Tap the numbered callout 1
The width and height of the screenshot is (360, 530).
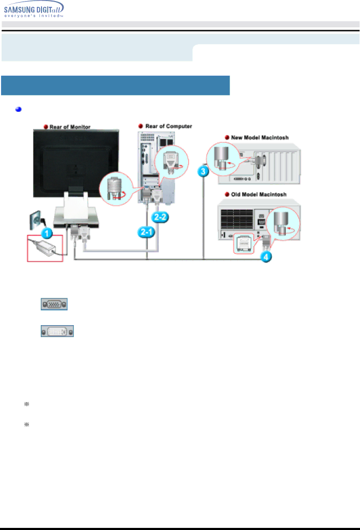pos(47,233)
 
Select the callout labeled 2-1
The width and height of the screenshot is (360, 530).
pos(146,232)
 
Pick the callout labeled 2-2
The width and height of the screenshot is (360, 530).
pos(160,217)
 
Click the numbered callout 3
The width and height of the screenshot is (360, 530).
pos(203,171)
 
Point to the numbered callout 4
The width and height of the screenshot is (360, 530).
pos(266,257)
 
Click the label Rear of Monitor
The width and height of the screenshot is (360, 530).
pos(70,127)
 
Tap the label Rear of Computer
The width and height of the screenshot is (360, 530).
pos(169,126)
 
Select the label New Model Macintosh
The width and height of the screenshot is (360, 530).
pos(260,138)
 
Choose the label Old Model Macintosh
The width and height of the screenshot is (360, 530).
pos(259,194)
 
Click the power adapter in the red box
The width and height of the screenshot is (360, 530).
pos(45,248)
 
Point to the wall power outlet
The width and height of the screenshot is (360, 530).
pos(36,220)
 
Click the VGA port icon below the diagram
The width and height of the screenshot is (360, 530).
pos(54,304)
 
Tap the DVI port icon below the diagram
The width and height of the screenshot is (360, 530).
pos(57,331)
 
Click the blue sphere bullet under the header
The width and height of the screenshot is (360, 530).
pos(18,109)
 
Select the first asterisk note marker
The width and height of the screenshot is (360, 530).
pos(27,404)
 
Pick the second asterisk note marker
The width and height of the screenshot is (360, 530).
pos(27,424)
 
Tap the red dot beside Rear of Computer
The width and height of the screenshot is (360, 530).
pos(141,126)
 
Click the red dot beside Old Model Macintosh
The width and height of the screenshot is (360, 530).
pos(227,194)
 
